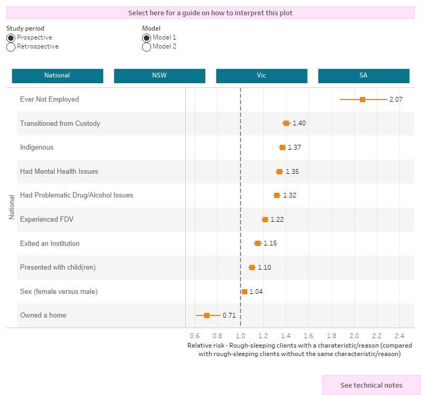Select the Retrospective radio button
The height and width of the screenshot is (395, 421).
[x=11, y=46]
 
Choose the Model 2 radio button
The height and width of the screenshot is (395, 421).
[x=146, y=46]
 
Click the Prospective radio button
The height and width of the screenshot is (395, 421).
[x=11, y=37]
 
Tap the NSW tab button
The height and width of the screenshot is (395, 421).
[x=159, y=75]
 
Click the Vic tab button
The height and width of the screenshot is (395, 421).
[x=262, y=75]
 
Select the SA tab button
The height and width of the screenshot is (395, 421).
[x=363, y=75]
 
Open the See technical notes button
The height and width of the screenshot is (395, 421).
[x=371, y=385]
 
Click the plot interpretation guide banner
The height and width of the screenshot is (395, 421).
[x=210, y=13]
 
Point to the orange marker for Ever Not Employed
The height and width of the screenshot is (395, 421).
[x=363, y=99]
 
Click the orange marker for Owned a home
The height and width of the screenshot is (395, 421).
[x=207, y=315]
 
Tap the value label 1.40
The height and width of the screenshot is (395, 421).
[x=299, y=123]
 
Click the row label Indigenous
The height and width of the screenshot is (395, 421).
[x=36, y=147]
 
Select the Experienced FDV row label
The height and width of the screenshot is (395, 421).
[x=46, y=219]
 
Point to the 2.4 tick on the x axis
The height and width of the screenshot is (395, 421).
[x=399, y=335]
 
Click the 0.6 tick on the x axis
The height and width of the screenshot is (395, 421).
[x=195, y=335]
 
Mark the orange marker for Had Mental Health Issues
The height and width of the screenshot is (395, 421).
[x=279, y=171]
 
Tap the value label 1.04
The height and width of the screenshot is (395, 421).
[x=256, y=291]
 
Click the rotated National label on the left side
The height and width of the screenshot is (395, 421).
[x=11, y=208]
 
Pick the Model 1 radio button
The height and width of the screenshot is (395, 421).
[x=146, y=37]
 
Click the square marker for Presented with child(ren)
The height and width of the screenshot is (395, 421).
[x=252, y=268]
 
